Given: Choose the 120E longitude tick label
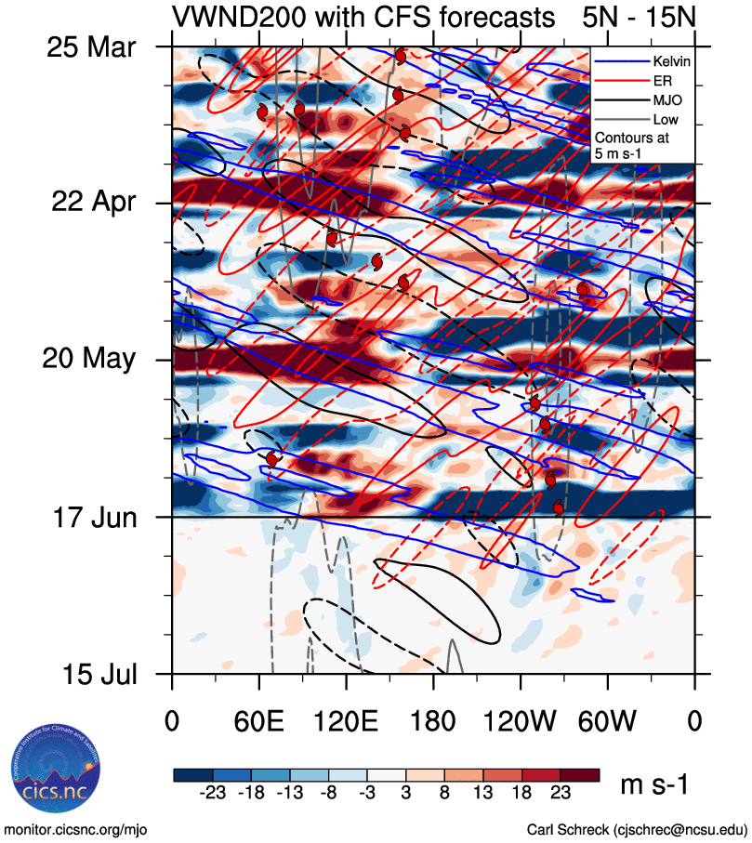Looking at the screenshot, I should (x=347, y=721).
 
